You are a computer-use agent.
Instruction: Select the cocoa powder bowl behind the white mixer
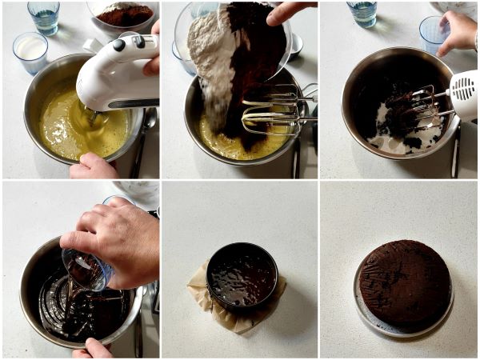(123, 14)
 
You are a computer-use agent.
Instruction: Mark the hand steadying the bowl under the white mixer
(93, 166)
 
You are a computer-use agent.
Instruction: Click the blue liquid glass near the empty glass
(363, 14)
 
